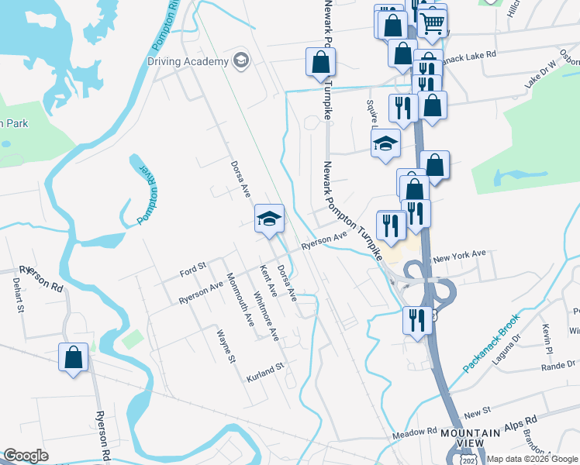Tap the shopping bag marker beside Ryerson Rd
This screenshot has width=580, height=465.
pyautogui.click(x=74, y=358)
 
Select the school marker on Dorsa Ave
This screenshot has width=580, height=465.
pyautogui.click(x=269, y=219)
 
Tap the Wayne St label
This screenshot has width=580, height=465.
pyautogui.click(x=226, y=346)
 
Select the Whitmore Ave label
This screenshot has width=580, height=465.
pyautogui.click(x=266, y=316)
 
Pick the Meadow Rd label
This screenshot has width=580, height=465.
pyautogui.click(x=415, y=431)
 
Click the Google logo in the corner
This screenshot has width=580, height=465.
pyautogui.click(x=26, y=455)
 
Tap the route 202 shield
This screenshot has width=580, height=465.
pyautogui.click(x=468, y=460)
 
